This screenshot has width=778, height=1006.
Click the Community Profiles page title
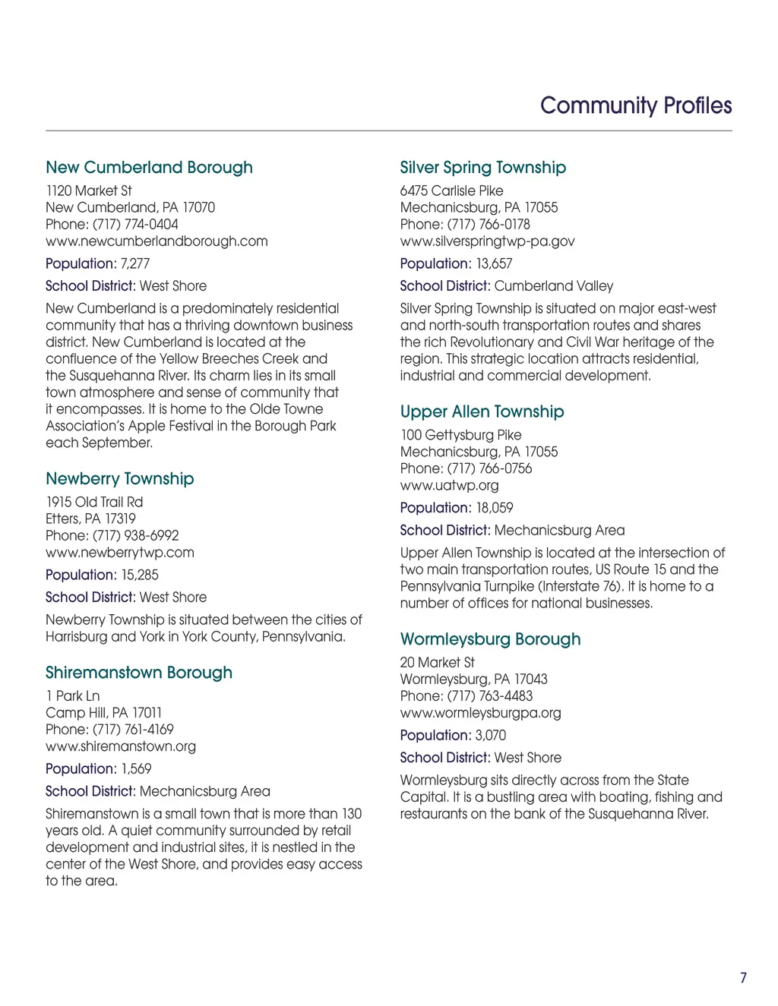636,106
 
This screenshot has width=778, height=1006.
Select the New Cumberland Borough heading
149,168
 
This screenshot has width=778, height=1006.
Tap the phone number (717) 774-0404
135,225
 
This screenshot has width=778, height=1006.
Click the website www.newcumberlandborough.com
157,241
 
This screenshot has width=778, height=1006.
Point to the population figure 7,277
135,264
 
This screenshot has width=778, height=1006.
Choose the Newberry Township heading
120,479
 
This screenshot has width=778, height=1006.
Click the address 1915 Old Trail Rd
94,503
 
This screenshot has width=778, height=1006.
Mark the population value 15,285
140,576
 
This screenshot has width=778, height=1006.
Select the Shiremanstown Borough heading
139,673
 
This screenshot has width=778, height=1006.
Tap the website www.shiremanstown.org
121,746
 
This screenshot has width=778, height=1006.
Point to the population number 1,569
137,769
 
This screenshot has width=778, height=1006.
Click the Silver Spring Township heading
483,168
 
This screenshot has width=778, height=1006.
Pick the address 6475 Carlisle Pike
451,191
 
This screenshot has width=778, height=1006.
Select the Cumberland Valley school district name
554,286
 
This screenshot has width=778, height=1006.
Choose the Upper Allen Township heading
482,412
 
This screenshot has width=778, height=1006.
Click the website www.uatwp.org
450,486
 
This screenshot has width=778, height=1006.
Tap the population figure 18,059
495,508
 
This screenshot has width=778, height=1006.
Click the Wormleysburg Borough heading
491,639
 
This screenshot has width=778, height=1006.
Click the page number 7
743,978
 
